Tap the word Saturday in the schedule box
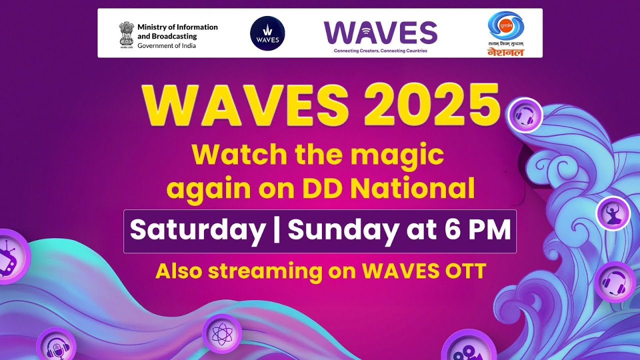(x=197, y=230)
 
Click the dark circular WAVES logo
(x=267, y=33)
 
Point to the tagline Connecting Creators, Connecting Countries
(x=380, y=51)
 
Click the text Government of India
(x=166, y=46)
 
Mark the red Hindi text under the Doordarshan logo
(x=505, y=51)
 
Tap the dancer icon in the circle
(x=612, y=213)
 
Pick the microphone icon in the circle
(x=55, y=347)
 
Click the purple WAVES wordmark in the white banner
(x=380, y=33)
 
